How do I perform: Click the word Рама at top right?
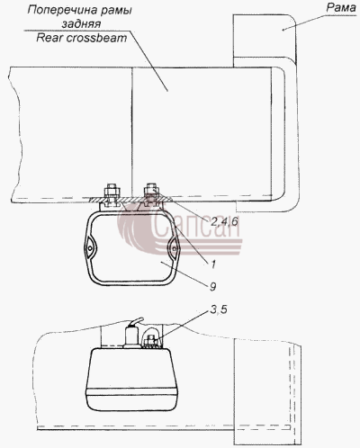coord(341,7)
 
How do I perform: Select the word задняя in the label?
coord(81,24)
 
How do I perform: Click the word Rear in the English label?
coord(49,38)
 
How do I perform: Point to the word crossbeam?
coord(96,38)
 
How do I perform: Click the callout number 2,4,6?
coord(224,221)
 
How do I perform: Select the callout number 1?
coord(212,264)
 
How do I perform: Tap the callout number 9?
coord(212,287)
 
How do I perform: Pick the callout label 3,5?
coord(219,309)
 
